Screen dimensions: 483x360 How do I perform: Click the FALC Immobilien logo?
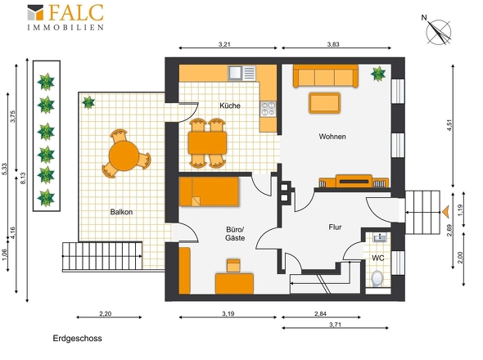click(65, 17)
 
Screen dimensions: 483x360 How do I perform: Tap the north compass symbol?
click(437, 31)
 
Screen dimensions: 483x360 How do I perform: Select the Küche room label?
click(230, 106)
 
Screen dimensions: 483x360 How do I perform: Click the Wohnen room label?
click(332, 137)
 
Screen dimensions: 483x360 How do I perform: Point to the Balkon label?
click(121, 212)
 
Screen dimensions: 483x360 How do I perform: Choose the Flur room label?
click(335, 227)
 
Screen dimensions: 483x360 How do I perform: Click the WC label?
click(378, 258)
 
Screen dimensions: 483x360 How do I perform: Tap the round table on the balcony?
click(124, 155)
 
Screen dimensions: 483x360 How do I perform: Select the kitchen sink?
click(235, 73)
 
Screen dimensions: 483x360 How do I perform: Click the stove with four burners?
click(268, 109)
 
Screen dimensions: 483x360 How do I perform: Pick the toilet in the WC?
click(377, 278)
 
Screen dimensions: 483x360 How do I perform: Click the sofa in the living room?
click(326, 76)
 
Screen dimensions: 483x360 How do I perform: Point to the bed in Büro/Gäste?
click(209, 191)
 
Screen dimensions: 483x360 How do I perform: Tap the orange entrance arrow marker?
click(445, 212)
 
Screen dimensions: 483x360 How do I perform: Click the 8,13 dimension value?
click(23, 178)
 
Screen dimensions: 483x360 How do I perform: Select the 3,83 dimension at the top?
click(333, 44)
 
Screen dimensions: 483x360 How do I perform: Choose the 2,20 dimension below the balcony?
click(106, 314)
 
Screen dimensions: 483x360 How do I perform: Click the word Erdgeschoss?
click(77, 339)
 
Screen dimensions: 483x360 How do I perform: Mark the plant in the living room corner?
click(378, 74)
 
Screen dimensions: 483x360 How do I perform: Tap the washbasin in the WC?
click(380, 237)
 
